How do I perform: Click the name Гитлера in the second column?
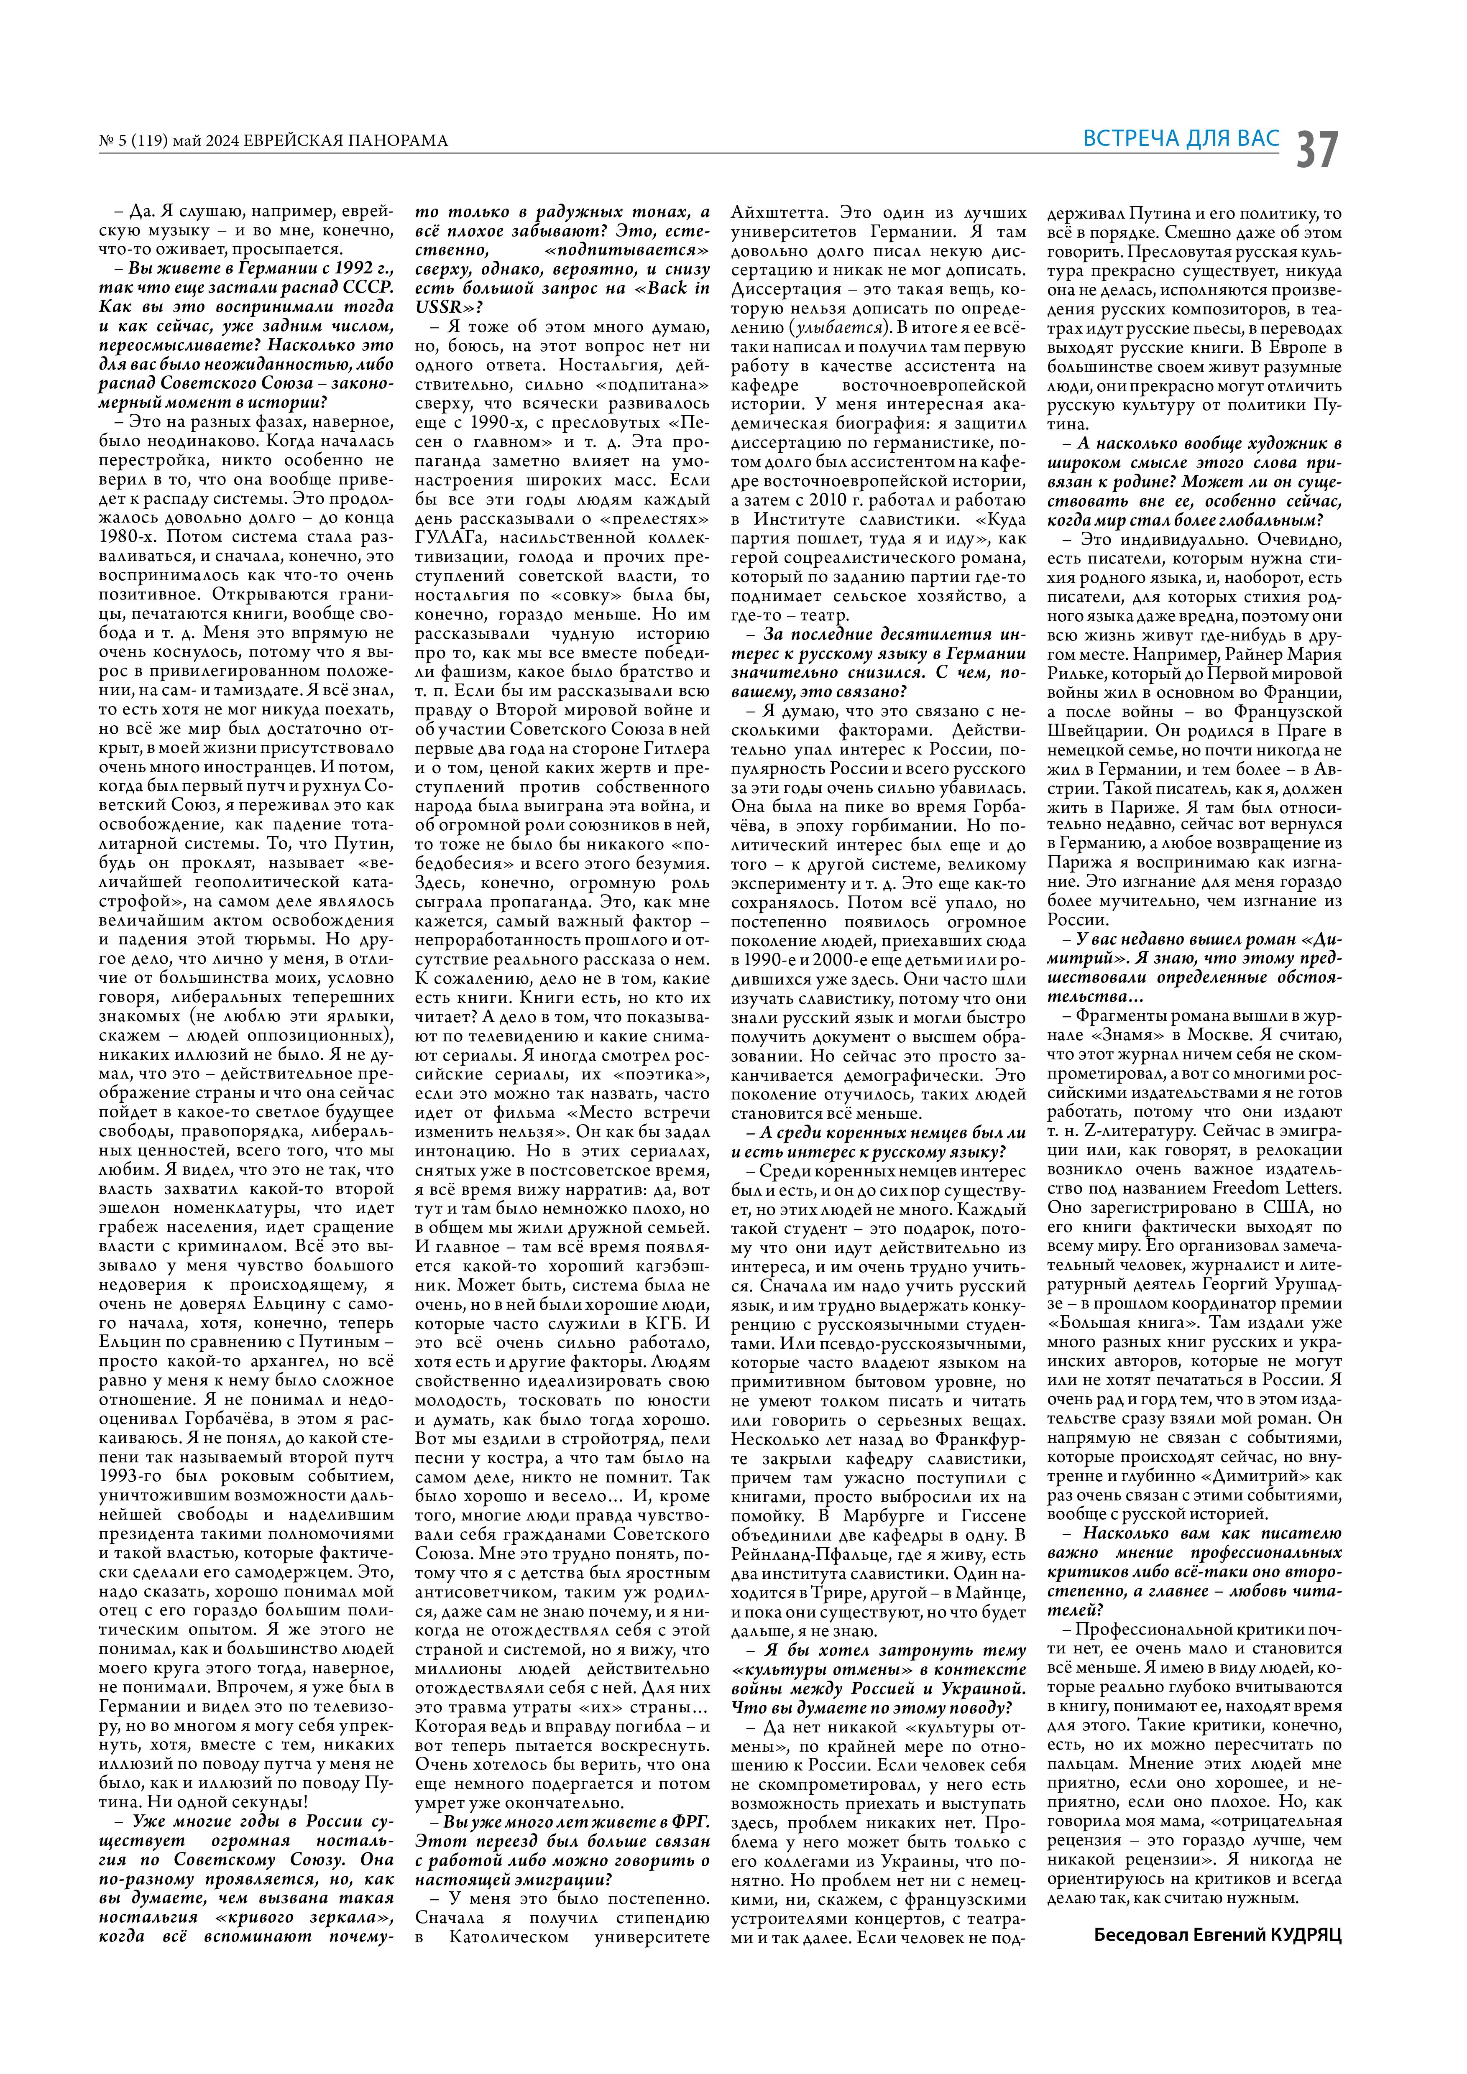point(676,750)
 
